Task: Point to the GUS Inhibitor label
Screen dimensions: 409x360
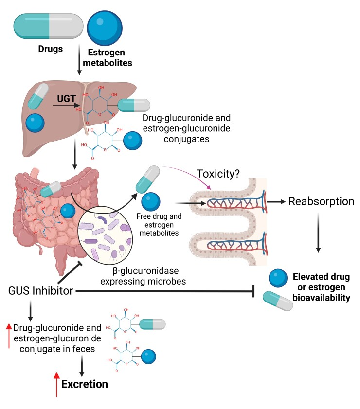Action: tap(41, 291)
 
